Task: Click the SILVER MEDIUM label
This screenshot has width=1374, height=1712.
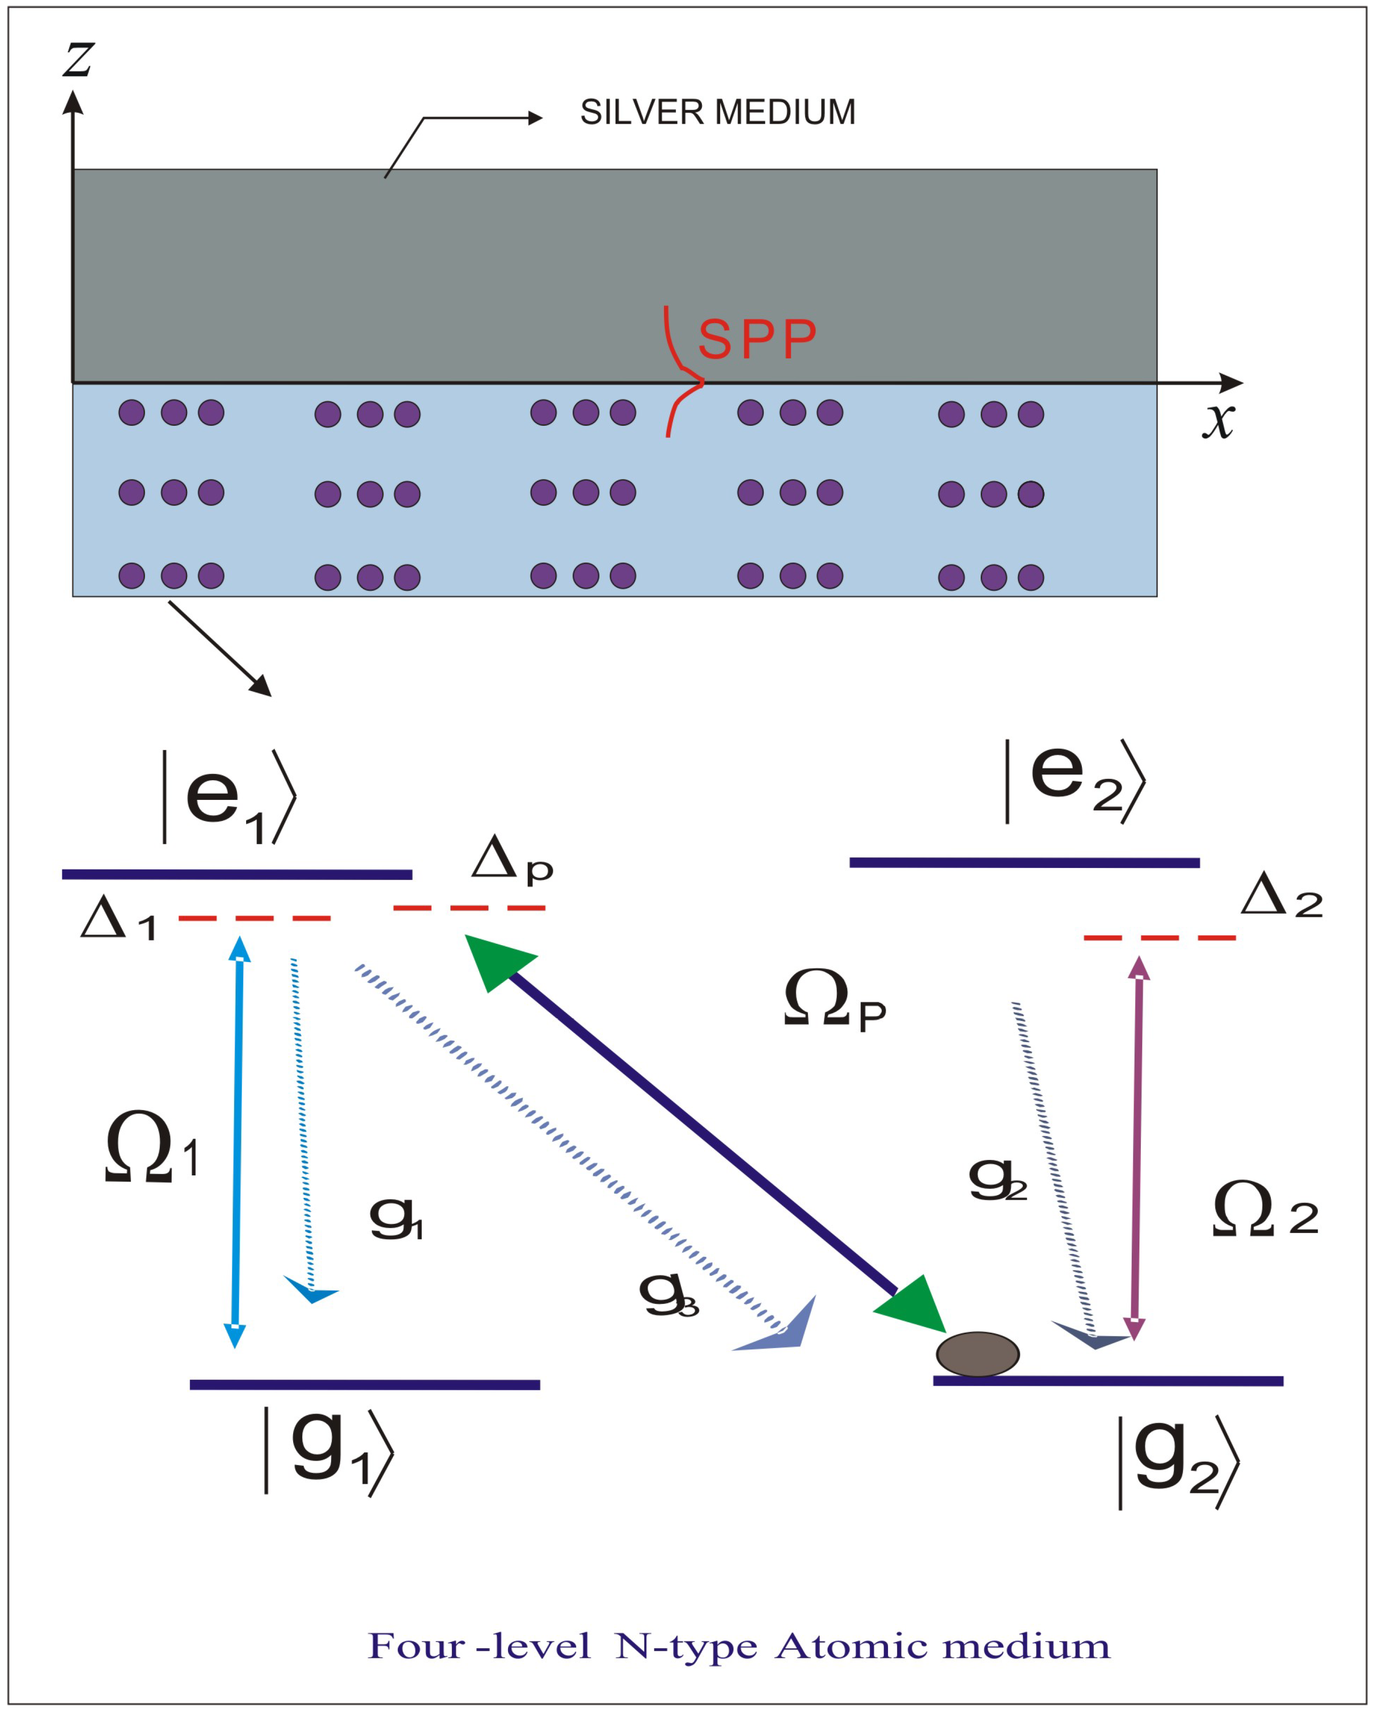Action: click(x=717, y=112)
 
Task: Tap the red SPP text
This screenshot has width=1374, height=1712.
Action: click(x=757, y=339)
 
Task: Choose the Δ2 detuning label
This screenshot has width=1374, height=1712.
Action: click(x=1281, y=896)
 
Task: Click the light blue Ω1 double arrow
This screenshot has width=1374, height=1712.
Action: click(x=237, y=1143)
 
